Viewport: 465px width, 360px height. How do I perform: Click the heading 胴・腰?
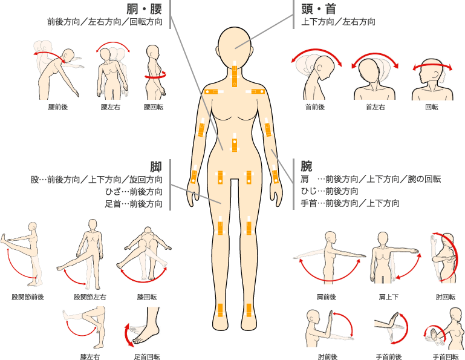(144, 8)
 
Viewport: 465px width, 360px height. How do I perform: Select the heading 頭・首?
(319, 8)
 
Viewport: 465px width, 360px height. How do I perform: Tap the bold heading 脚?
(155, 166)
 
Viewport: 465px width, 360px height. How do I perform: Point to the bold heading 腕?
(307, 166)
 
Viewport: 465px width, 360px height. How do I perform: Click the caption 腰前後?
(58, 107)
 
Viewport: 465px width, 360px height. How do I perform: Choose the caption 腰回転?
(154, 107)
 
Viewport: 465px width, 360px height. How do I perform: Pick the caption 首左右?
(375, 107)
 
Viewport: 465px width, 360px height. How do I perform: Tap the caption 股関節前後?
(28, 297)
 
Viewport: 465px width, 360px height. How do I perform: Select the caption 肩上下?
(388, 297)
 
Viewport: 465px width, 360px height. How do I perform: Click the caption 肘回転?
(446, 297)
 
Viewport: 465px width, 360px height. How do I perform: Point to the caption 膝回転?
(147, 297)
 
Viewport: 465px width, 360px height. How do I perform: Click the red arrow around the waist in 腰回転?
(155, 76)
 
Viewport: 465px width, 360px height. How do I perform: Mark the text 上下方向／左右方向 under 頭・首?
(339, 22)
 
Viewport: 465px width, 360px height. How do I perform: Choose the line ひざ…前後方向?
(134, 192)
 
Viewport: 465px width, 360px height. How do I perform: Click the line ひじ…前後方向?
(330, 191)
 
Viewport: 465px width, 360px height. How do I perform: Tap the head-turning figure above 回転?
(432, 79)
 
